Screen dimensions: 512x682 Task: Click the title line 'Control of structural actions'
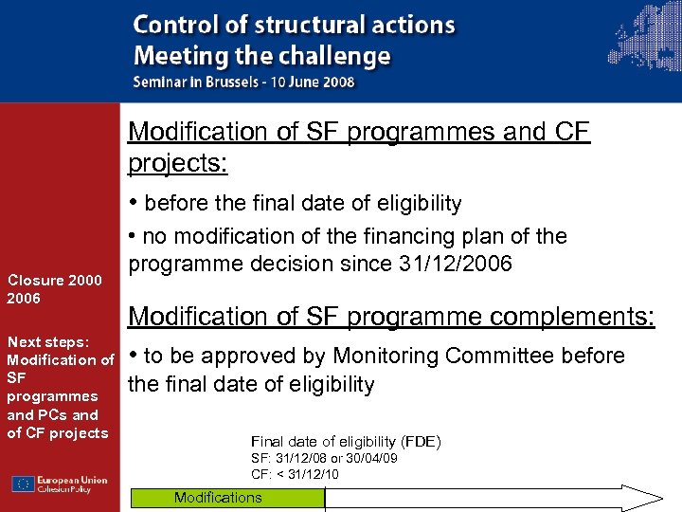[x=294, y=26]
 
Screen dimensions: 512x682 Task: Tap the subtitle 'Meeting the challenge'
[x=261, y=55]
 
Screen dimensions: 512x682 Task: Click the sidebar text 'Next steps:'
[x=47, y=341]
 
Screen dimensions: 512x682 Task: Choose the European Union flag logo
[x=23, y=484]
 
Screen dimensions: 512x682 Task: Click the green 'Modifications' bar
[x=226, y=498]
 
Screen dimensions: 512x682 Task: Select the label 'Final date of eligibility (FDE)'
[x=346, y=442]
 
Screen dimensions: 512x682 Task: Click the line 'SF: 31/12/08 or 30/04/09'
[x=323, y=459]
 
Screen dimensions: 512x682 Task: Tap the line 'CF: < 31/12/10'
[x=295, y=474]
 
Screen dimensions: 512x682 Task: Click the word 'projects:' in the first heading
[x=178, y=163]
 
